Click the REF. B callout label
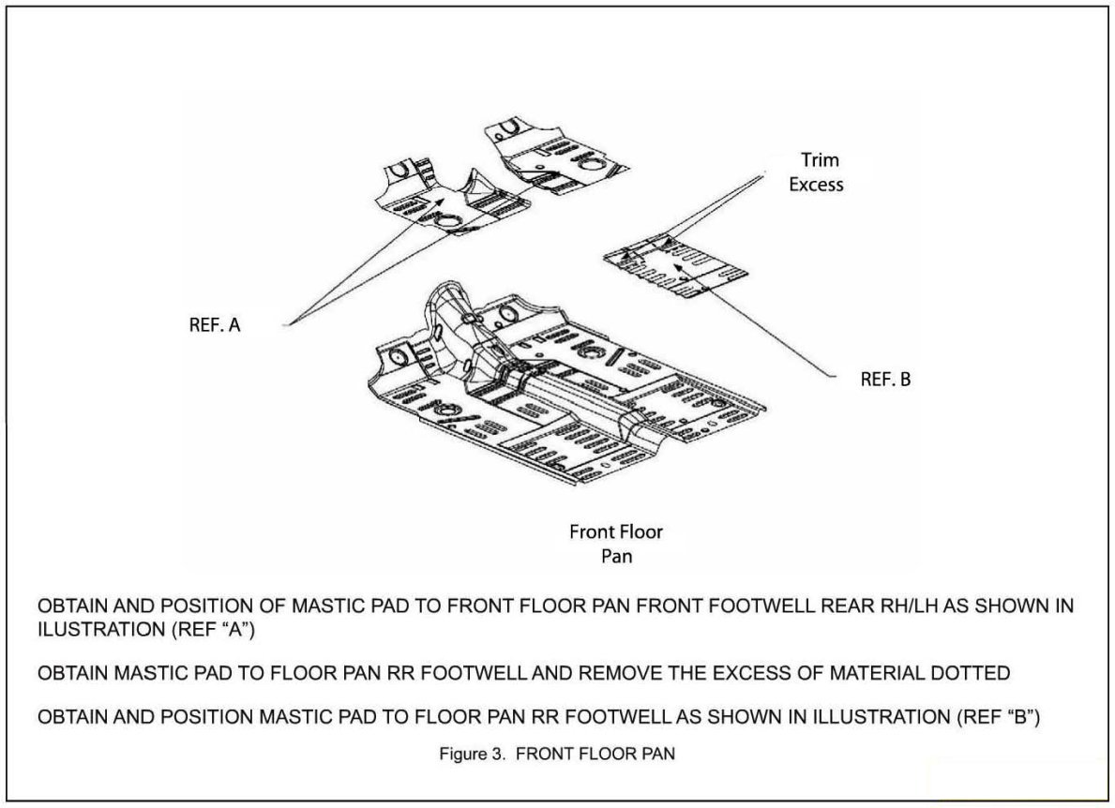click(x=885, y=380)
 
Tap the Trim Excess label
click(x=816, y=172)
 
